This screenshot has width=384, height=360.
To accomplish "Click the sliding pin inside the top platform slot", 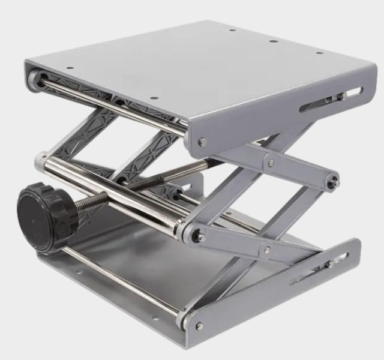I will pyautogui.click(x=340, y=96).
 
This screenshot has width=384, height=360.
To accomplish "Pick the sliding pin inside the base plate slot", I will pyautogui.click(x=328, y=265).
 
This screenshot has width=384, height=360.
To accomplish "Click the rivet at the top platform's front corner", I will pyautogui.click(x=203, y=142).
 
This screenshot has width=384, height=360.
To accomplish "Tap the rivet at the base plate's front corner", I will pyautogui.click(x=199, y=326).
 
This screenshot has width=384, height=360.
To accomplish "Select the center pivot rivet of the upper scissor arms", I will pyautogui.click(x=271, y=163).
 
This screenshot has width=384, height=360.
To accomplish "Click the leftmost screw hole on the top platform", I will pyautogui.click(x=70, y=68).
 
